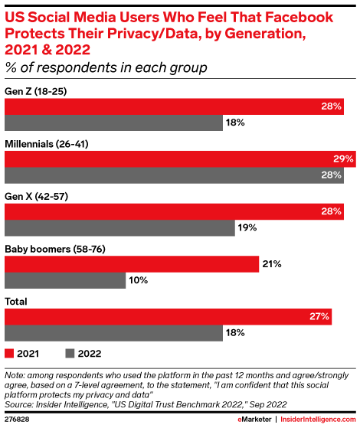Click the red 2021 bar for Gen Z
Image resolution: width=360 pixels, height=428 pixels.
click(x=174, y=106)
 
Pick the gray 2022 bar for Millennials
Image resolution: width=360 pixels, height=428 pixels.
click(x=174, y=175)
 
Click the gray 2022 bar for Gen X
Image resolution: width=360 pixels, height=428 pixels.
click(x=119, y=228)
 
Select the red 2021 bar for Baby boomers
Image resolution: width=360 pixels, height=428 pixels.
click(x=132, y=264)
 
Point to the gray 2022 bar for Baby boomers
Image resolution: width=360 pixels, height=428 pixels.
click(x=64, y=281)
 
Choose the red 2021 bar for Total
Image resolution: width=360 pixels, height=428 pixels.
click(x=168, y=316)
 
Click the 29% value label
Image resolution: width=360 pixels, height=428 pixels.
click(x=344, y=159)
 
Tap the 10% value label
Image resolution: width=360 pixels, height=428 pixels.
click(x=139, y=281)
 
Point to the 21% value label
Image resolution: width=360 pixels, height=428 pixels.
click(x=273, y=264)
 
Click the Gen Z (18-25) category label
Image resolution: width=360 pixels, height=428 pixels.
click(x=38, y=90)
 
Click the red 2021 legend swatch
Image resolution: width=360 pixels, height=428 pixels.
click(x=9, y=354)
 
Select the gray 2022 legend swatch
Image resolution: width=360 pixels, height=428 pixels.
click(x=69, y=354)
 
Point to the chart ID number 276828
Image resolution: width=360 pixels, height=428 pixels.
click(x=18, y=420)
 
